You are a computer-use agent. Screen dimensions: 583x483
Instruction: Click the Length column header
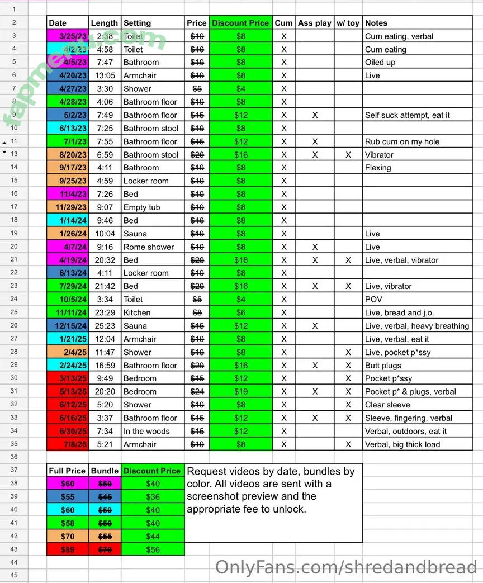pyautogui.click(x=105, y=23)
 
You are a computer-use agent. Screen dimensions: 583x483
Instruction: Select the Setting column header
pyautogui.click(x=138, y=23)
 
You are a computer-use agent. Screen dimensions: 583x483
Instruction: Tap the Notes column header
pyautogui.click(x=376, y=23)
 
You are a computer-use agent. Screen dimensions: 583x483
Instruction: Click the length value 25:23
pyautogui.click(x=105, y=326)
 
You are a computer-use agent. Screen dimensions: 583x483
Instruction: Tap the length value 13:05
pyautogui.click(x=105, y=75)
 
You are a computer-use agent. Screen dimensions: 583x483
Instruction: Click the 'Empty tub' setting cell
pyautogui.click(x=142, y=207)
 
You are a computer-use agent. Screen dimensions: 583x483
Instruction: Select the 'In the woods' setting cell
pyautogui.click(x=146, y=431)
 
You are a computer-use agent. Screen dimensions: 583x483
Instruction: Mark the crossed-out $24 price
pyautogui.click(x=197, y=392)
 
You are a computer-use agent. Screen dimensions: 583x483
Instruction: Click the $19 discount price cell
pyautogui.click(x=241, y=392)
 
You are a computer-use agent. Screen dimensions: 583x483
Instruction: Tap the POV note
pyautogui.click(x=373, y=300)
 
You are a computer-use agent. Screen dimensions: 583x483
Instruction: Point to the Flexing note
pyautogui.click(x=378, y=168)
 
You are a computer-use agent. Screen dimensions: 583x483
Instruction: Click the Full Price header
pyautogui.click(x=67, y=471)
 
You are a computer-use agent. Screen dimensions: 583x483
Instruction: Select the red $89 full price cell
pyautogui.click(x=67, y=549)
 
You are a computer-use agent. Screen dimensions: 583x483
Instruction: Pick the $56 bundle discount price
pyautogui.click(x=153, y=549)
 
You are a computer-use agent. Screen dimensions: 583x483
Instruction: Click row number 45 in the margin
pyautogui.click(x=14, y=575)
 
